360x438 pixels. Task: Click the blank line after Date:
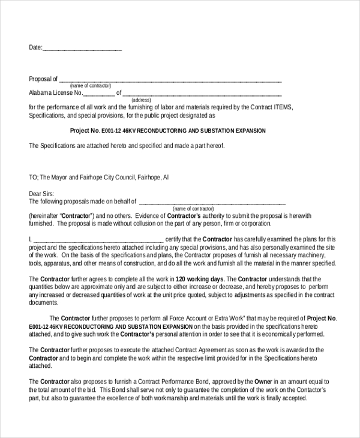coord(82,49)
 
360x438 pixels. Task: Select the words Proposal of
coord(43,79)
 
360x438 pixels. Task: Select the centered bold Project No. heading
coord(167,130)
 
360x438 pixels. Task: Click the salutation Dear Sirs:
coord(41,194)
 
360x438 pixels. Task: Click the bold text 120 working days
coord(200,279)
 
